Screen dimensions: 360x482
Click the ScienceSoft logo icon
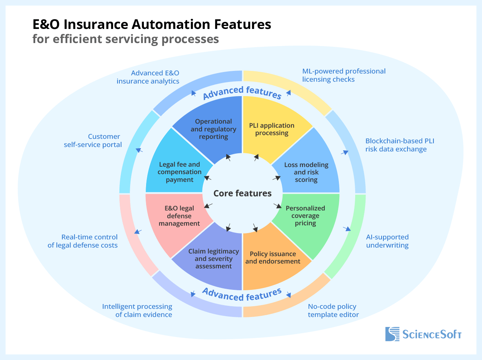pyautogui.click(x=392, y=334)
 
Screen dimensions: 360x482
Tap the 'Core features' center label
pyautogui.click(x=242, y=193)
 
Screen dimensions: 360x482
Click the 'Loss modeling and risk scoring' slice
pyautogui.click(x=306, y=172)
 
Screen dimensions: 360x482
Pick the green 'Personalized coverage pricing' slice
pyautogui.click(x=306, y=216)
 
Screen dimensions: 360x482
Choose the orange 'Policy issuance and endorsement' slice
pyautogui.click(x=273, y=258)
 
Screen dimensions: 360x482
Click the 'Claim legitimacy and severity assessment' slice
pyautogui.click(x=214, y=259)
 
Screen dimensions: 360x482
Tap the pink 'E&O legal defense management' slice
pyautogui.click(x=179, y=216)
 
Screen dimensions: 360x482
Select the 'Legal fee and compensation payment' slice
pyautogui.click(x=179, y=172)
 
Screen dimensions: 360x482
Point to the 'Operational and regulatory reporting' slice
pyautogui.click(x=213, y=129)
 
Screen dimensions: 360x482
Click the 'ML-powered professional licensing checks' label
pyautogui.click(x=344, y=75)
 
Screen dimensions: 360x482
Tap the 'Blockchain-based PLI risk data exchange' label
pyautogui.click(x=399, y=145)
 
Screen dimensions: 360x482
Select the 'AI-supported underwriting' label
pyautogui.click(x=387, y=241)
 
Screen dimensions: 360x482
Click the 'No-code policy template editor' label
pyautogui.click(x=333, y=311)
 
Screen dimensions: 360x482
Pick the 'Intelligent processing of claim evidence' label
pyautogui.click(x=137, y=311)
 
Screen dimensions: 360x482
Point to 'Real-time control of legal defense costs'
pyautogui.click(x=83, y=241)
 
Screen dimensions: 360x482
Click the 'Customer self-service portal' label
pyautogui.click(x=93, y=141)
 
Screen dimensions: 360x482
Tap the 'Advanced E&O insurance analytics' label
pyautogui.click(x=148, y=77)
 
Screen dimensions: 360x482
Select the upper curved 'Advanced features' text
pyautogui.click(x=242, y=93)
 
